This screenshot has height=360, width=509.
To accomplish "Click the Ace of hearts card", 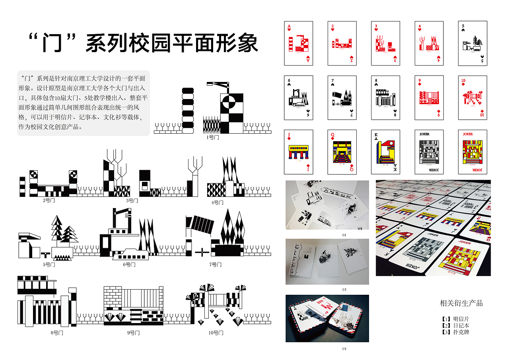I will [298, 43].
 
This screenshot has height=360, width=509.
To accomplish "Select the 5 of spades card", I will [472, 43].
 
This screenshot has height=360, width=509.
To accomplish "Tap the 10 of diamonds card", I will [472, 97].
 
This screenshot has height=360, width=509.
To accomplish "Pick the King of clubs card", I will [385, 152].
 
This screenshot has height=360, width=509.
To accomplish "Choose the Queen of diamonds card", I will [342, 152].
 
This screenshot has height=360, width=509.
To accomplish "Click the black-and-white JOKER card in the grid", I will [429, 152].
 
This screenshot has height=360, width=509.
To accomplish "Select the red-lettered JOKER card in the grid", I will [472, 152].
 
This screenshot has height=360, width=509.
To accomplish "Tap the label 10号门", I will [216, 333].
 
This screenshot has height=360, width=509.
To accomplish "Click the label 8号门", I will [57, 333].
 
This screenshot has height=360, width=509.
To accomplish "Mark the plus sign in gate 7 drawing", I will [202, 251].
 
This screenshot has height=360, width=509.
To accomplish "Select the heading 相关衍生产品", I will [461, 303].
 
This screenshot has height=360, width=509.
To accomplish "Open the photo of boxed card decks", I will [327, 318].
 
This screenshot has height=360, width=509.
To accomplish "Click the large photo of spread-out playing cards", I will [433, 228].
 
